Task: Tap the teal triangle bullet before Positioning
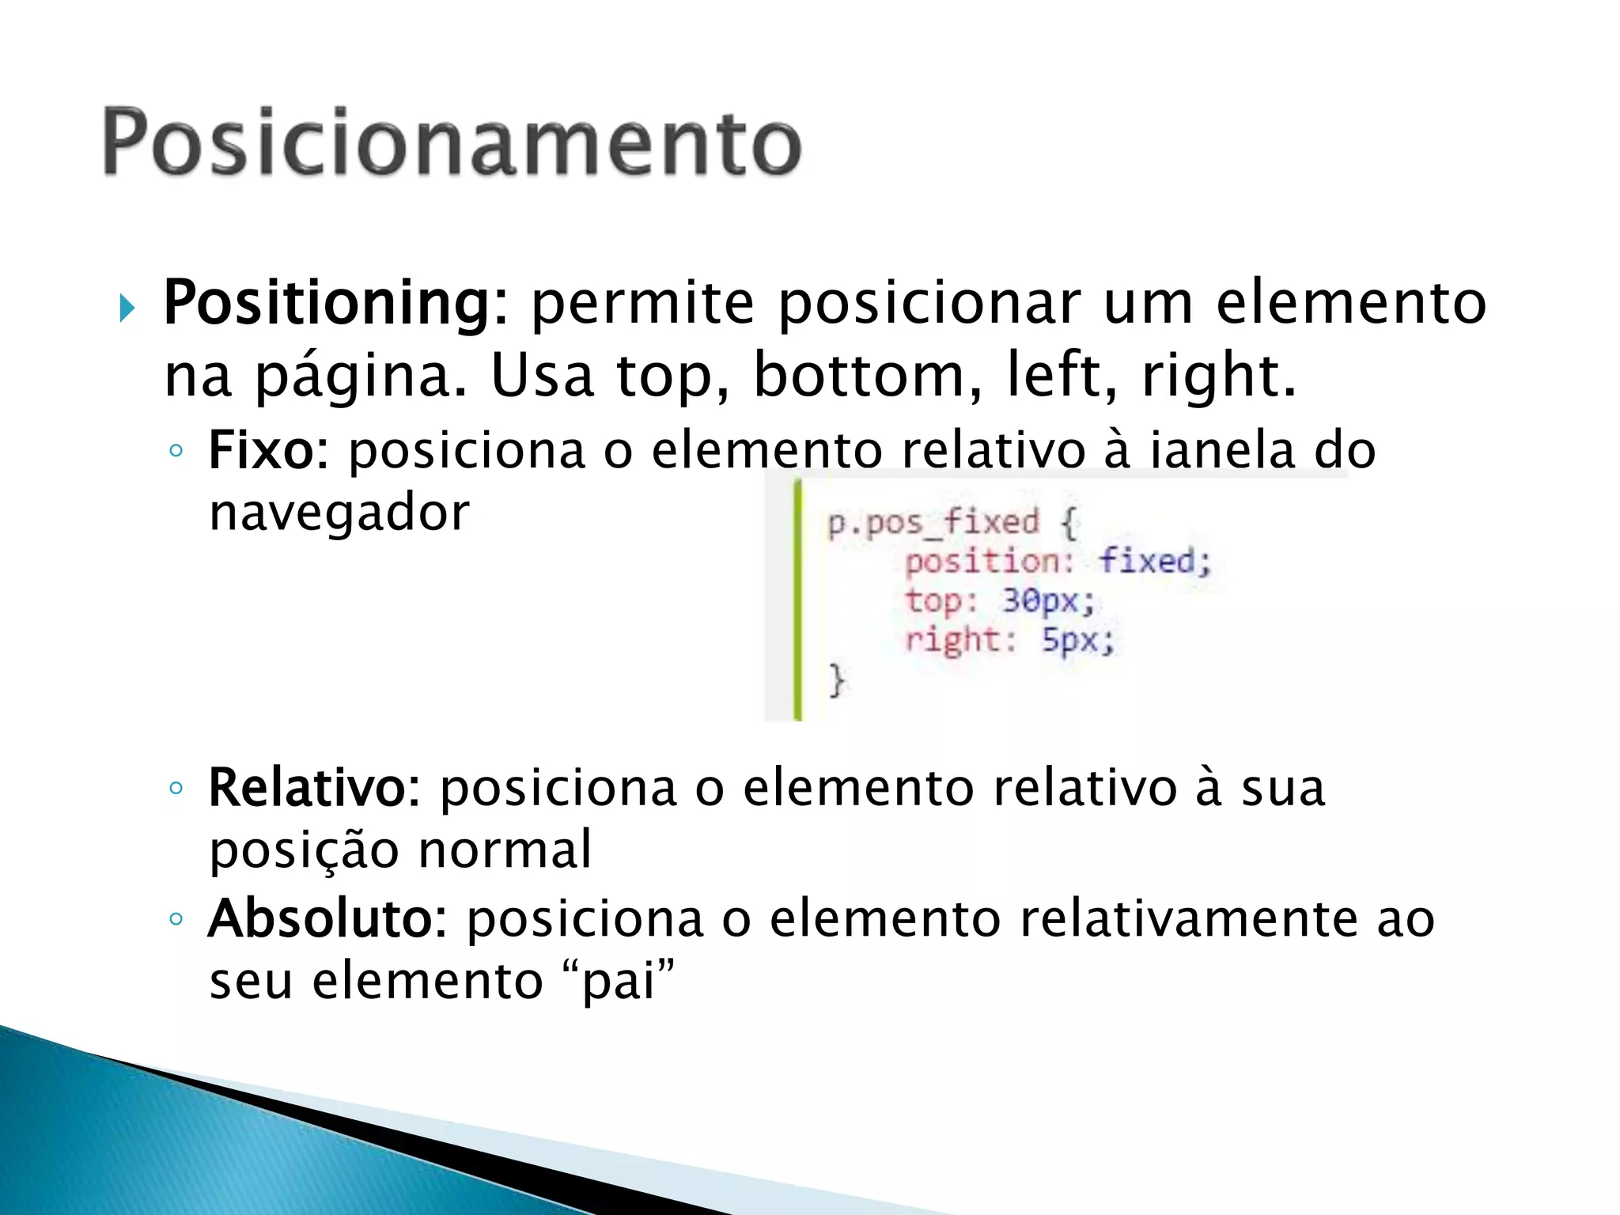[x=127, y=308]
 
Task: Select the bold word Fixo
[x=260, y=451]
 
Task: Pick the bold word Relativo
[x=307, y=789]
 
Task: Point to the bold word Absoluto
[x=320, y=919]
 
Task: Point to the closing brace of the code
[x=837, y=680]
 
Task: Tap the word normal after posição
[x=504, y=850]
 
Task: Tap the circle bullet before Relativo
[x=176, y=789]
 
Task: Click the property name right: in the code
[x=960, y=639]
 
